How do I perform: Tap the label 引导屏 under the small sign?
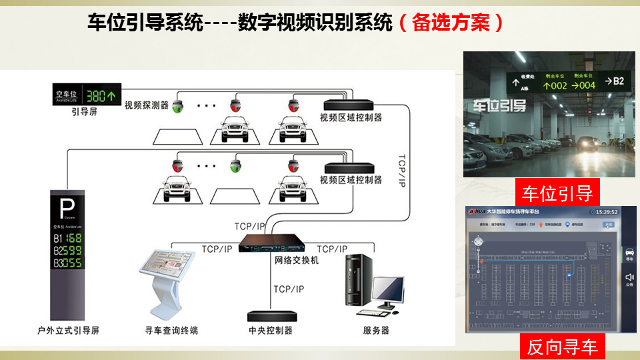[x=85, y=111]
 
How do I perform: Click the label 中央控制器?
[x=270, y=330]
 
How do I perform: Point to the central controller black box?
[x=270, y=315]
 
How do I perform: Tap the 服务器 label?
[x=376, y=330]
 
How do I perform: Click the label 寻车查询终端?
[x=171, y=330]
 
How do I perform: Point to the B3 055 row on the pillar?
[x=68, y=263]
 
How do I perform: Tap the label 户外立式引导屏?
[x=69, y=330]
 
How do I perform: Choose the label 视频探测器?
[x=147, y=105]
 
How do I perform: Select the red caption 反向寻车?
[x=562, y=347]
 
